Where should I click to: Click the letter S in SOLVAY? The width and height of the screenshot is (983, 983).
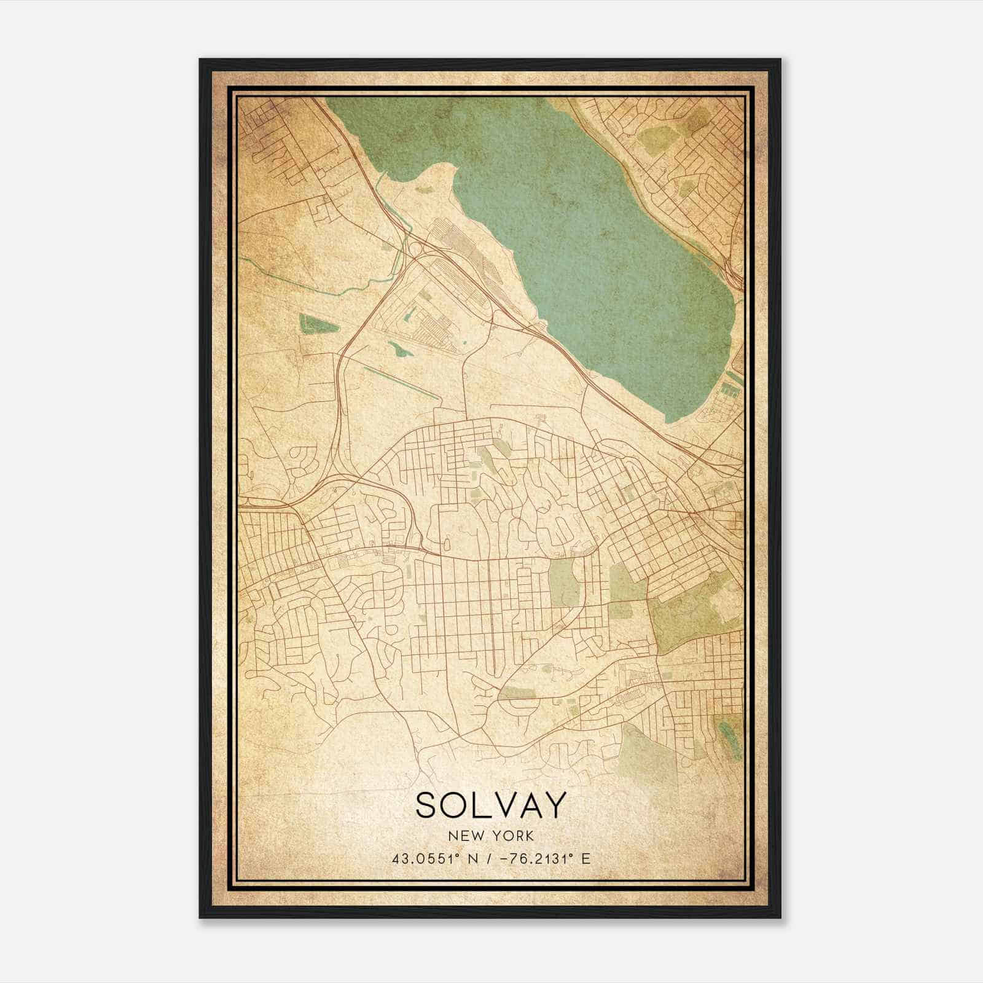(428, 805)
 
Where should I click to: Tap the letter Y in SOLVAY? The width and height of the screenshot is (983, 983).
(551, 805)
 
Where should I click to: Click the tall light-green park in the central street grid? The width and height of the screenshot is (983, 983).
(563, 581)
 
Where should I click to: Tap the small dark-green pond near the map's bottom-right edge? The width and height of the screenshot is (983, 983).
(730, 734)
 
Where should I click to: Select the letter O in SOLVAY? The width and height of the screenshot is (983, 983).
(458, 805)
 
